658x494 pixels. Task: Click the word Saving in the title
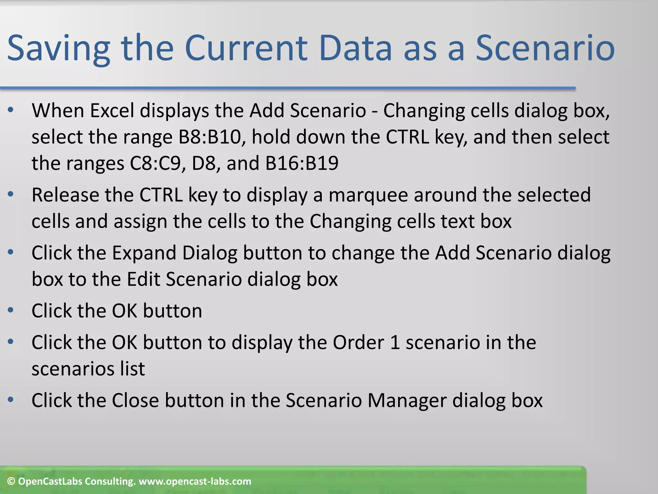click(59, 49)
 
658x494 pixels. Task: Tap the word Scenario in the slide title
click(545, 49)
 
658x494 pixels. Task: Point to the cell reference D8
click(206, 163)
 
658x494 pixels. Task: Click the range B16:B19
click(302, 163)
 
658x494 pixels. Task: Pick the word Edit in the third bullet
click(143, 279)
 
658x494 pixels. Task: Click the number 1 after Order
click(395, 343)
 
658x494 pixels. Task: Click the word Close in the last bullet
click(135, 401)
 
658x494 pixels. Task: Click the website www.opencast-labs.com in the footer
click(195, 481)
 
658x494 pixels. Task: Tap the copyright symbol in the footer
click(11, 481)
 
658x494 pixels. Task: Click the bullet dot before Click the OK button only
click(11, 310)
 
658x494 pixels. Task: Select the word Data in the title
click(355, 49)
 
